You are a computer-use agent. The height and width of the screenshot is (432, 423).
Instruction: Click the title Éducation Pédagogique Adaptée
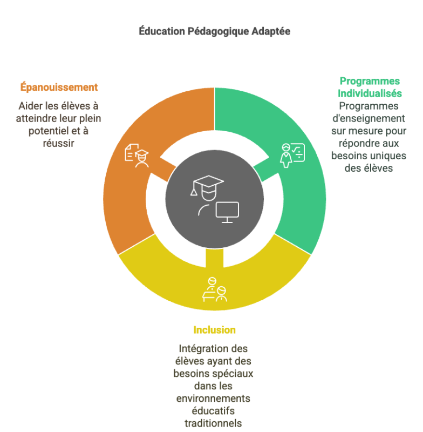[x=214, y=31]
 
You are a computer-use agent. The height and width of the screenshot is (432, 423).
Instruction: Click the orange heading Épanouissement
[x=59, y=87]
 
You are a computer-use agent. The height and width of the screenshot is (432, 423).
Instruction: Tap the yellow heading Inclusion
[x=214, y=330]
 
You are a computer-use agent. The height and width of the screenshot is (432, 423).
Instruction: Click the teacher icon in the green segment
[x=292, y=155]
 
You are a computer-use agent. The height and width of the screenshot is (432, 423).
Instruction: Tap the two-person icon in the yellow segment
[x=214, y=290]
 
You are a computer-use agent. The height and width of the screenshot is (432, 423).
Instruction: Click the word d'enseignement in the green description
[x=369, y=118]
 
